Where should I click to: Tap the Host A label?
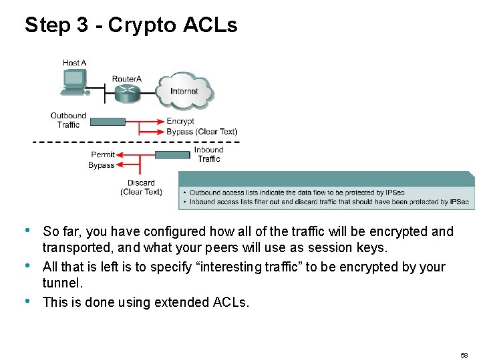[x=75, y=63]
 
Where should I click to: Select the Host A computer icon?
[x=73, y=82]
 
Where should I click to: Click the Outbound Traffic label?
[x=68, y=120]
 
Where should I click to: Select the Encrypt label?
[x=180, y=121]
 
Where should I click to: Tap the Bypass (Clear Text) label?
[x=202, y=132]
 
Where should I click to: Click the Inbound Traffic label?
[x=209, y=154]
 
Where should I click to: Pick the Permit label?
[x=103, y=154]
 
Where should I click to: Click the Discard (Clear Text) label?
[x=141, y=187]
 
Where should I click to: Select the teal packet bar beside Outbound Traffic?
[x=108, y=122]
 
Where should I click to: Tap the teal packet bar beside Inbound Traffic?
[x=172, y=155]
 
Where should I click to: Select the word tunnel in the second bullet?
[x=61, y=283]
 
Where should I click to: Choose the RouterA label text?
[x=127, y=79]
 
